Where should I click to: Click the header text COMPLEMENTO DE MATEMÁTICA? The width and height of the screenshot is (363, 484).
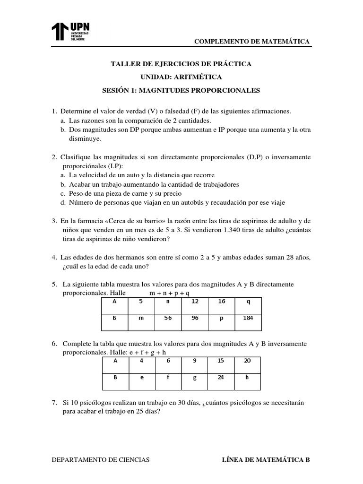point(252,42)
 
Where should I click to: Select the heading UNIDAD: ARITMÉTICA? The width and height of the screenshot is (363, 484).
point(181,77)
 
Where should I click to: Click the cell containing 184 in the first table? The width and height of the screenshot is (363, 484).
point(248,318)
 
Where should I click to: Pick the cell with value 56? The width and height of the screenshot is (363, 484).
point(168,318)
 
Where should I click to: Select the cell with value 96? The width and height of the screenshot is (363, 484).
point(195,318)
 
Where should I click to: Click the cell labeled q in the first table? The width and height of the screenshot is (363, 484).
point(248,301)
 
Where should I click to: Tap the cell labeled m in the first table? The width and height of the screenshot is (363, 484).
point(141,318)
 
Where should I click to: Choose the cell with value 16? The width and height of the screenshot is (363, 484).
point(221,301)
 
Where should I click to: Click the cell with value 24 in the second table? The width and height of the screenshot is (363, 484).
point(221,378)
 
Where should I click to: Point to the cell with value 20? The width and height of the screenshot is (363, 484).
point(248,361)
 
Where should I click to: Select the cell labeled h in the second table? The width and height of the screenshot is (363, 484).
point(248,378)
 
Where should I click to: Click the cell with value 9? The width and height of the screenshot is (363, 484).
point(194,361)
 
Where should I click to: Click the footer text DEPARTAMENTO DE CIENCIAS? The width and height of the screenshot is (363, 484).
point(100,459)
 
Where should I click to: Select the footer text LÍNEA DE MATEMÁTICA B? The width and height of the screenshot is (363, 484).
point(266,459)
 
